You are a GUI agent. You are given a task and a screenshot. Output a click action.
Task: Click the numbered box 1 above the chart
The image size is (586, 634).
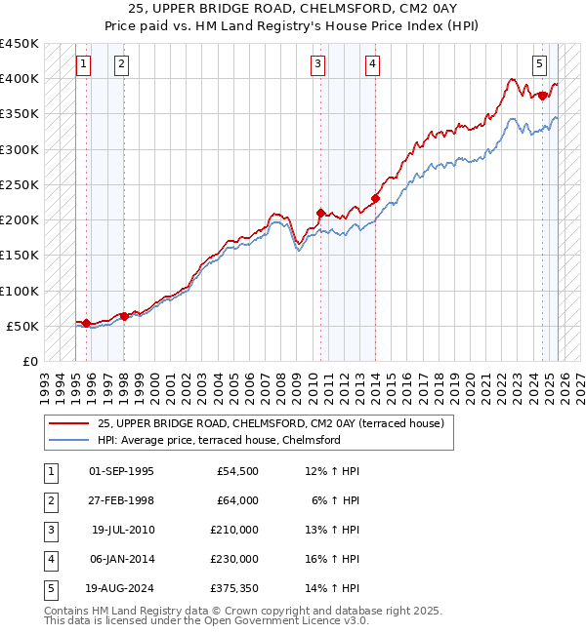click(83, 65)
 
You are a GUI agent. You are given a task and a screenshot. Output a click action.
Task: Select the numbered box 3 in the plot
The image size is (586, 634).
click(318, 65)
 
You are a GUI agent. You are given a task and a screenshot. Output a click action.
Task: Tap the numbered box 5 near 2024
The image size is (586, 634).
click(540, 65)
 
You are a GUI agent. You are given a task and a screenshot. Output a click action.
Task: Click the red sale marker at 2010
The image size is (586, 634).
click(320, 212)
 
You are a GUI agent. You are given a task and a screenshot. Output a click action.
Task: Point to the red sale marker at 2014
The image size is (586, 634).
click(375, 198)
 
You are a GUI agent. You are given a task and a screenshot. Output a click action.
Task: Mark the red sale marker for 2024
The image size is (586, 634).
click(542, 96)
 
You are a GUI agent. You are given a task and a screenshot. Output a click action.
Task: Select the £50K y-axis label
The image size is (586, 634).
click(23, 326)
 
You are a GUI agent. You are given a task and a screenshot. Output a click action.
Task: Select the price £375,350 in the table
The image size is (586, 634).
click(234, 588)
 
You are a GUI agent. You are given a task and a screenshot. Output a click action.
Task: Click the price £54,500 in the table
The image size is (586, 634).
click(237, 471)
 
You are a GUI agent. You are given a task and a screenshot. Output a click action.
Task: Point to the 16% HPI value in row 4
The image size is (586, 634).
click(338, 559)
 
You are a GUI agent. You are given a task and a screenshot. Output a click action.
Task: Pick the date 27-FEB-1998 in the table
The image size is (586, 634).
click(121, 500)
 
